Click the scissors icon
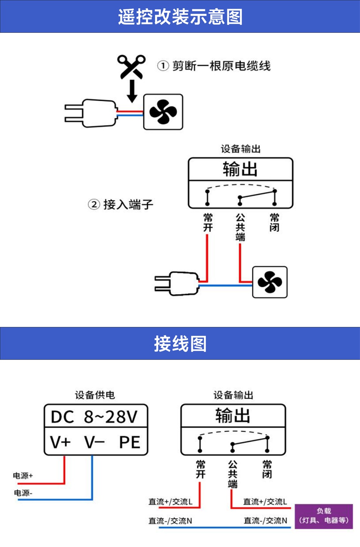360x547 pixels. tap(131, 67)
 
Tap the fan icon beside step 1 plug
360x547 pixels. tap(163, 112)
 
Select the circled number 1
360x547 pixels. tap(163, 66)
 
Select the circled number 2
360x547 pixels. tap(94, 205)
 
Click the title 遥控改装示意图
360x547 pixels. tap(180, 17)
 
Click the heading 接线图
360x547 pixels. tap(180, 344)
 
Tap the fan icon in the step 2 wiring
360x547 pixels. tap(270, 282)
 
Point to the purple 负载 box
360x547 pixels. tap(324, 516)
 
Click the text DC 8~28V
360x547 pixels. tap(94, 417)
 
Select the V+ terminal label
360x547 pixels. tap(60, 442)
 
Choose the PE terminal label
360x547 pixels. tap(130, 442)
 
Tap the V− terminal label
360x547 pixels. tap(94, 442)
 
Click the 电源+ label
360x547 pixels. tap(23, 476)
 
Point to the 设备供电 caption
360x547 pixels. tap(95, 395)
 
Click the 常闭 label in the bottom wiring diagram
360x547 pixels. tap(267, 469)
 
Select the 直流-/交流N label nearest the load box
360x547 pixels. tap(265, 520)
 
